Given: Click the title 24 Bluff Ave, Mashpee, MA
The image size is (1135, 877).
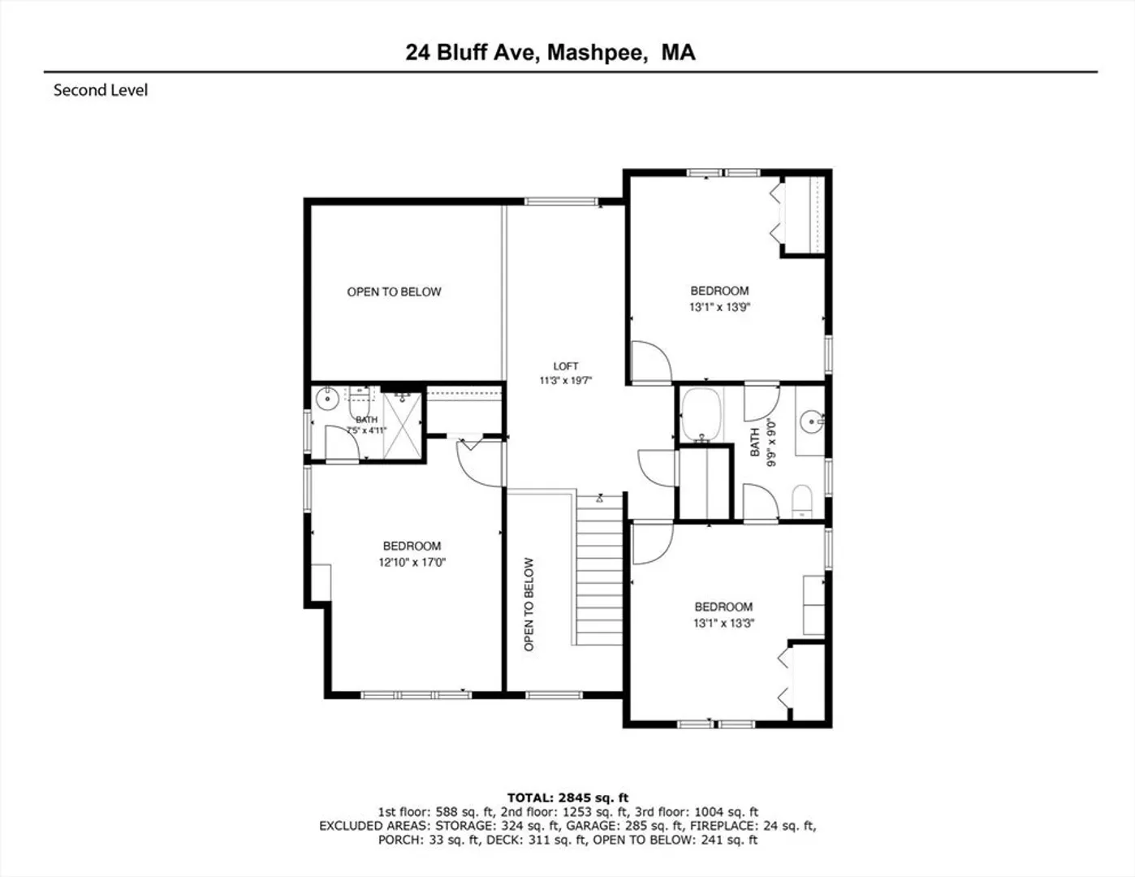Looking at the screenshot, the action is pos(550,53).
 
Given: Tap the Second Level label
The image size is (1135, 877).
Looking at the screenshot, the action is pos(101,90).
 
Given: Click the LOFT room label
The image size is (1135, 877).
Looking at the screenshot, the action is pos(566,366).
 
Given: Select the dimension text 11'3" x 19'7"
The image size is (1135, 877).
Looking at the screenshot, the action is pos(566,381).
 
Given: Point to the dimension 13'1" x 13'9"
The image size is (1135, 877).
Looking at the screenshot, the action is pos(720,307).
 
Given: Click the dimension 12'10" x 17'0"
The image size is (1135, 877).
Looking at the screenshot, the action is pos(412,563).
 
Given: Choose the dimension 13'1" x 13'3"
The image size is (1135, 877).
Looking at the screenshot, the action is pos(723,623).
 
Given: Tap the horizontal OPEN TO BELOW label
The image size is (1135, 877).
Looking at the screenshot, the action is pos(395,292).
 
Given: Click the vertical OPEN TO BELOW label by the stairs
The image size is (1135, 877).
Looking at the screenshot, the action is pos(529,604).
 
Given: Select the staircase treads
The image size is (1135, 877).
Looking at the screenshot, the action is pos(600,570).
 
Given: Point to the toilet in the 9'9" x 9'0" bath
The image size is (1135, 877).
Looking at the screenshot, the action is pos(802,501).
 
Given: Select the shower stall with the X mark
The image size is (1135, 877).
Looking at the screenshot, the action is pos(402,426).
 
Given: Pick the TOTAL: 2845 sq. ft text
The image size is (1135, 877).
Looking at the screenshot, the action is pos(567,797).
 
